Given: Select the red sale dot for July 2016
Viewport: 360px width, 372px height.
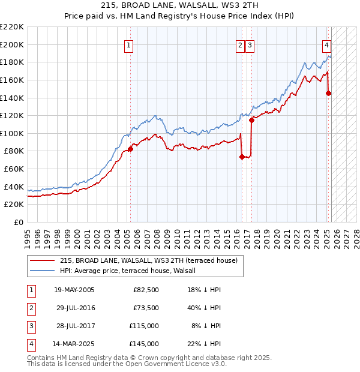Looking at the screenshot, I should (242, 157).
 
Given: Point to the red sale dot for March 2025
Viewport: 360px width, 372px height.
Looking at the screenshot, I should (328, 93).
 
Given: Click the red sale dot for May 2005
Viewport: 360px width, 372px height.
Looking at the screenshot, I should (130, 149).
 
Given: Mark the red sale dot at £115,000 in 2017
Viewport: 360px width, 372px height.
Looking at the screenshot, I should (251, 120).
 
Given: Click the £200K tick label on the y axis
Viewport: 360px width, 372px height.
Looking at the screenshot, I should (12, 44).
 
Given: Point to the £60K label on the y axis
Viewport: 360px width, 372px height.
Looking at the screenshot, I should (14, 169).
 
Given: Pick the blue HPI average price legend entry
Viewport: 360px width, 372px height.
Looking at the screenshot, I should (132, 271).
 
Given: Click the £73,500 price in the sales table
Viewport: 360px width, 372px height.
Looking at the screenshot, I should (146, 308).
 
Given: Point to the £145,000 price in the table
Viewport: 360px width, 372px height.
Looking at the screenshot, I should (144, 344).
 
